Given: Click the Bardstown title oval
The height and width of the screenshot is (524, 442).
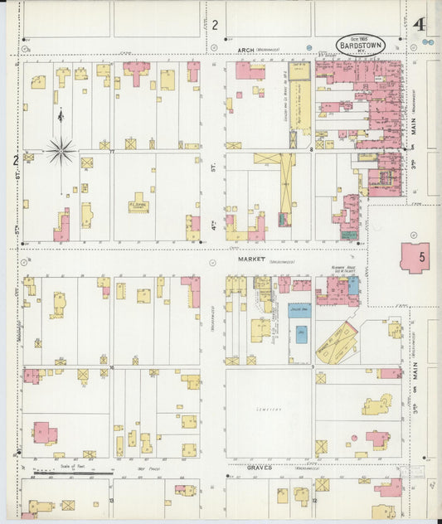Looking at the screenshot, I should (x=360, y=44).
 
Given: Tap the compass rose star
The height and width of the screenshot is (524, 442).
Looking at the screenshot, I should (x=61, y=152).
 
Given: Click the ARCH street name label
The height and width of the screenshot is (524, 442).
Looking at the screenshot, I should (x=245, y=50).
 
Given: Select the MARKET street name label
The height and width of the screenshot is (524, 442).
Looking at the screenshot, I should (x=250, y=260).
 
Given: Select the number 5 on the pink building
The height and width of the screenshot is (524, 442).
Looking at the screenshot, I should (x=421, y=257).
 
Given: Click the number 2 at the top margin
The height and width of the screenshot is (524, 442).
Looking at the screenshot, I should (x=214, y=24).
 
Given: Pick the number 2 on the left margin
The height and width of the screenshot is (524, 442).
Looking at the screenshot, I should (x=15, y=159).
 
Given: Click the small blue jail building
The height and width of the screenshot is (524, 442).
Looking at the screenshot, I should (x=301, y=334).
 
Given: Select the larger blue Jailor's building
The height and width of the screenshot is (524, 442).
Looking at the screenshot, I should (x=299, y=311).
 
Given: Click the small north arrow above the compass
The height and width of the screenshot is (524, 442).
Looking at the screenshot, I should (x=61, y=116).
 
